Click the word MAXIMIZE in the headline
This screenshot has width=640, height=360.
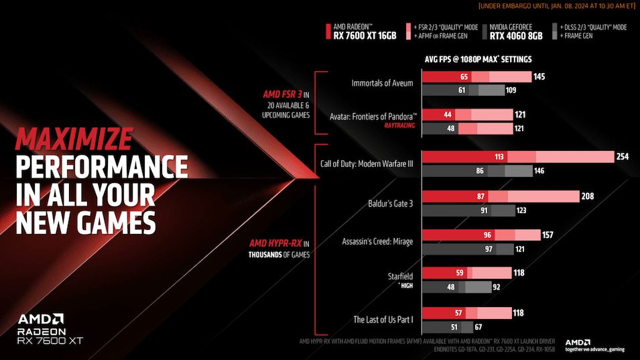74,139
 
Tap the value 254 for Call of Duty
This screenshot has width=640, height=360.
623,157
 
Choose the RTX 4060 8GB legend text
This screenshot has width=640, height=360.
515,36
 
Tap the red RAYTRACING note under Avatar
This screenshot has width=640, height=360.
399,125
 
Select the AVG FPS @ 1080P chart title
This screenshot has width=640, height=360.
478,59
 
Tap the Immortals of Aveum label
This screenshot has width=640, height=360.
382,83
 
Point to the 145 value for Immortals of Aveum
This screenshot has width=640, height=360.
540,77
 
